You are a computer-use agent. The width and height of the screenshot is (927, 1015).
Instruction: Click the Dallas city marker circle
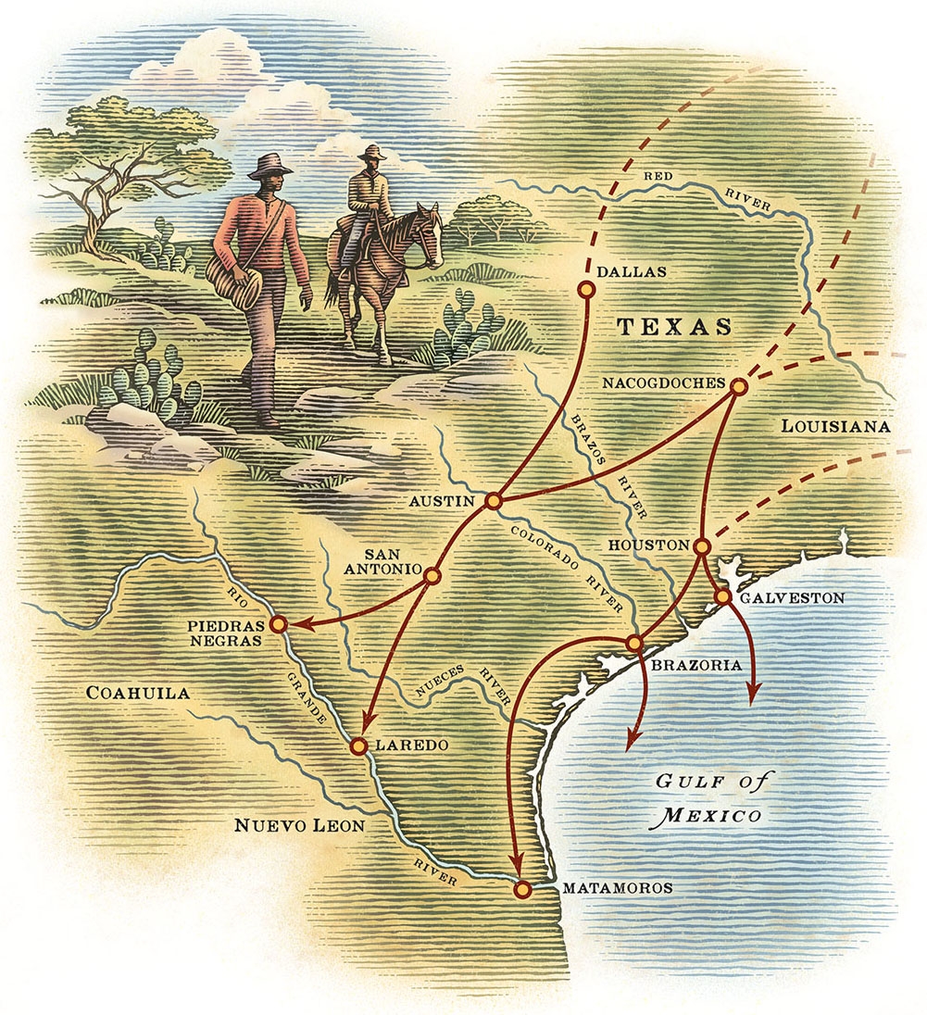click(x=584, y=290)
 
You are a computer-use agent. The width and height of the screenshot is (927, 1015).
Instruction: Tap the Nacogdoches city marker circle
click(x=739, y=387)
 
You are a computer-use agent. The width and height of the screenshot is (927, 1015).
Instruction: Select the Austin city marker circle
click(x=494, y=501)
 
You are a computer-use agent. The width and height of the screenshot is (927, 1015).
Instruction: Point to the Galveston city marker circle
click(x=723, y=597)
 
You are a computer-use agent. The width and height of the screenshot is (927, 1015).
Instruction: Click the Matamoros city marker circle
click(x=522, y=890)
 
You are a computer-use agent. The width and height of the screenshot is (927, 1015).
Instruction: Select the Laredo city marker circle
click(x=359, y=745)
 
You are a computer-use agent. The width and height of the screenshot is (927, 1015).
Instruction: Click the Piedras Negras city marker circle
click(x=278, y=624)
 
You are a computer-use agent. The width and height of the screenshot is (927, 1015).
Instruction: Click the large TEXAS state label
click(x=674, y=327)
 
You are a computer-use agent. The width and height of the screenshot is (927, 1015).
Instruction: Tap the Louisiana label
click(x=835, y=427)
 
